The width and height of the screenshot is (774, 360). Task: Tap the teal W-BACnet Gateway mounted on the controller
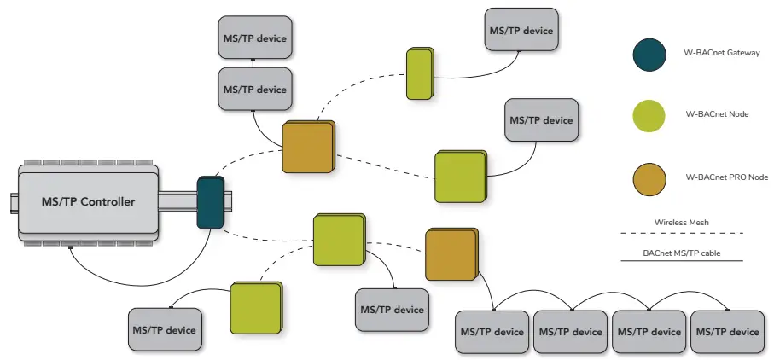pyautogui.click(x=210, y=201)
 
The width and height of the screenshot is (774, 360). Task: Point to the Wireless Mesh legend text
pyautogui.click(x=681, y=222)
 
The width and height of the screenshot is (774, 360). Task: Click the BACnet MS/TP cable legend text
pyautogui.click(x=681, y=253)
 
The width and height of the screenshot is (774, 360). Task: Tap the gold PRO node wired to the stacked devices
pyautogui.click(x=308, y=148)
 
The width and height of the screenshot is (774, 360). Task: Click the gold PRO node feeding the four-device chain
pyautogui.click(x=451, y=255)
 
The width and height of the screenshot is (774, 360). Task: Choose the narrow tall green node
pyautogui.click(x=419, y=73)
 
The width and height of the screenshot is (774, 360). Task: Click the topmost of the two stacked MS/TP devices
pyautogui.click(x=254, y=38)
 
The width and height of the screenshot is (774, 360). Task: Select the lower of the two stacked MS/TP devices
pyautogui.click(x=254, y=89)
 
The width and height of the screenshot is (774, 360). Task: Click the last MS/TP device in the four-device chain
pyautogui.click(x=725, y=331)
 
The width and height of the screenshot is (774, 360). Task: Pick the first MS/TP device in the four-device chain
pyautogui.click(x=492, y=331)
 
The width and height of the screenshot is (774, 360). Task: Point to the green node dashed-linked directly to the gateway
pyautogui.click(x=337, y=240)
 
